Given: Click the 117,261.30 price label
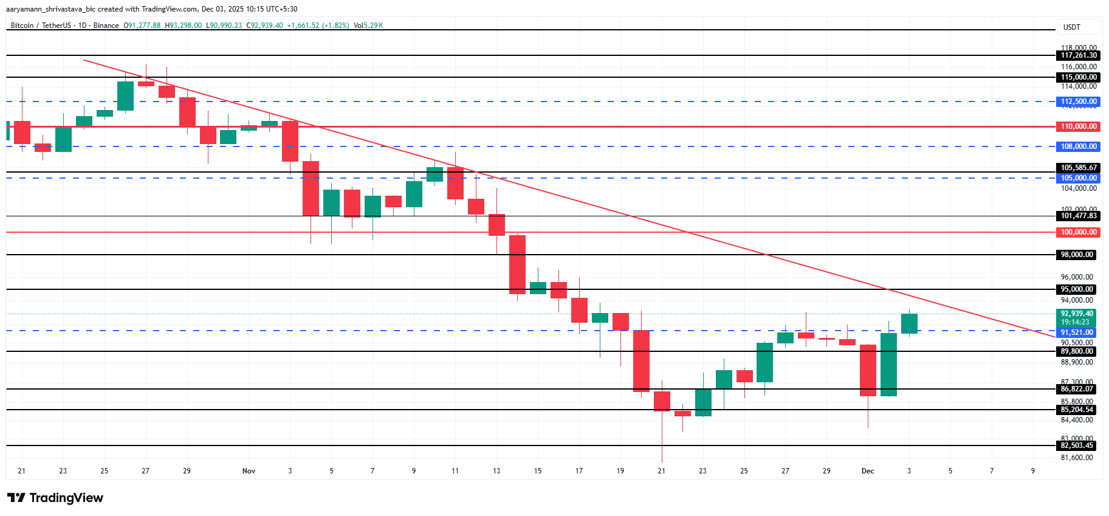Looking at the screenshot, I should pos(1079,55).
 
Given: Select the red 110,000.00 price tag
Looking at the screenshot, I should pos(1079,126).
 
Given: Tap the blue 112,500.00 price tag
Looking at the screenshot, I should pos(1079,101).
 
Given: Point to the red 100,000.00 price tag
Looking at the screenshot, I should pos(1079,232).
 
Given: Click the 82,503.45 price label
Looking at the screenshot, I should pos(1077,445).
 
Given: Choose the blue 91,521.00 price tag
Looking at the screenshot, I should pos(1077,332).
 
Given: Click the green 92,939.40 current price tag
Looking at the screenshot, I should pos(1077,314).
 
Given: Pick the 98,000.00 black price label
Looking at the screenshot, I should pos(1077,255).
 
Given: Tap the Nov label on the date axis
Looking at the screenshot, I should pos(249,471).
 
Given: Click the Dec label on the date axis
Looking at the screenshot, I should pos(868,471).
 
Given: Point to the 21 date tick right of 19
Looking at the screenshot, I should pos(661,471).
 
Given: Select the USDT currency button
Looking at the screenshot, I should pos(1072,27).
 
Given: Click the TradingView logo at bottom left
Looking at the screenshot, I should pos(56,498).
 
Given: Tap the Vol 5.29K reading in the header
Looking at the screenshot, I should pos(368,26).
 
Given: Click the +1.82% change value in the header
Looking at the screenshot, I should pos(335,26).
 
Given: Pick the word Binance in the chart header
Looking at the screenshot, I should pos(106,26).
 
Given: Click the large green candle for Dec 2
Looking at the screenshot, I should pos(888,365).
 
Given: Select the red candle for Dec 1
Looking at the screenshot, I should pos(868,370).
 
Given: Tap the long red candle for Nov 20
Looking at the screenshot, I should pos(641,361).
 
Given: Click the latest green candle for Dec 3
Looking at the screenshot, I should pos(909,323).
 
